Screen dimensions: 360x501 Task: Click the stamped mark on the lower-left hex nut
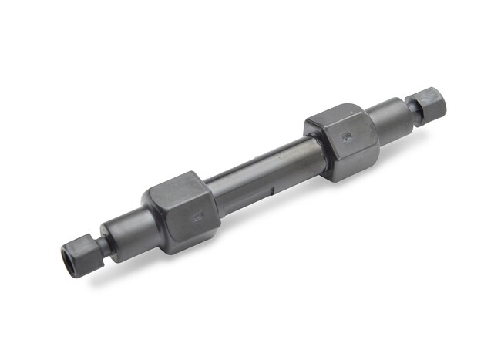[197, 218]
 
